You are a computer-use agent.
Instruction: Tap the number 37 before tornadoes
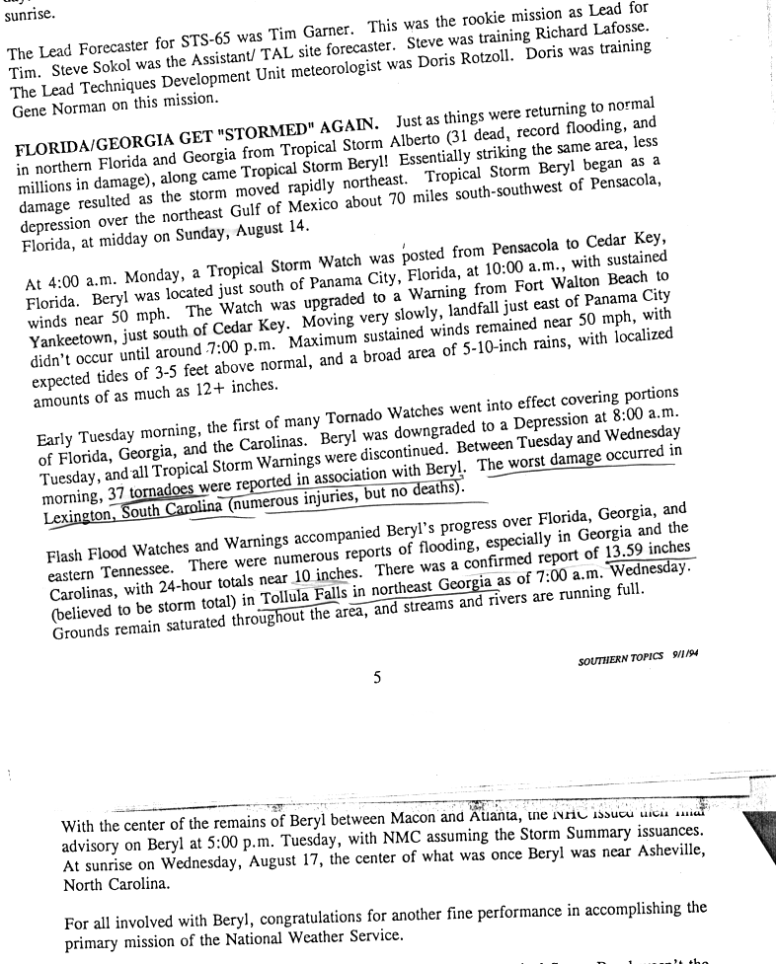116,492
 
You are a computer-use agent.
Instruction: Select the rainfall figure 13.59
625,555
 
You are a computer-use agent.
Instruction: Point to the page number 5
377,678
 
